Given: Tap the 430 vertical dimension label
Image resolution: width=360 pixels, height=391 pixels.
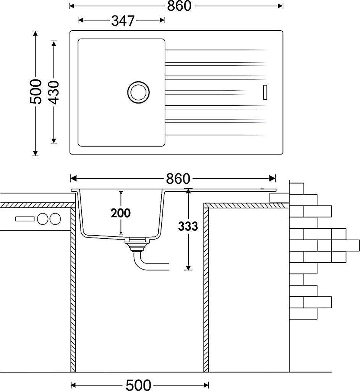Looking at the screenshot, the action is tap(54, 92).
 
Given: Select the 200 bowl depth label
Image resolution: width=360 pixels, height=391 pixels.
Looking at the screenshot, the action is tap(121, 213).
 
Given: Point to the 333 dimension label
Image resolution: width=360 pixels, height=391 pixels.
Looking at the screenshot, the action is tap(188, 226).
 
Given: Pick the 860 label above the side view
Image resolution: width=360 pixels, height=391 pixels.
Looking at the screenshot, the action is tap(178, 178).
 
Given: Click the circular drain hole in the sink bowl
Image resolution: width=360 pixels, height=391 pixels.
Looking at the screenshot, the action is tap(138, 92).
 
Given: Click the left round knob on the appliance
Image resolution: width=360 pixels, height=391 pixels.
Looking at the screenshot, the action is tap(42, 219).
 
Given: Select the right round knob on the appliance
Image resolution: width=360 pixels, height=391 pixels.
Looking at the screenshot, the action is tap(55, 219).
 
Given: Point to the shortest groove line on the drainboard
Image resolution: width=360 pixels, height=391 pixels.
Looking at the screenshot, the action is tap(205, 92).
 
